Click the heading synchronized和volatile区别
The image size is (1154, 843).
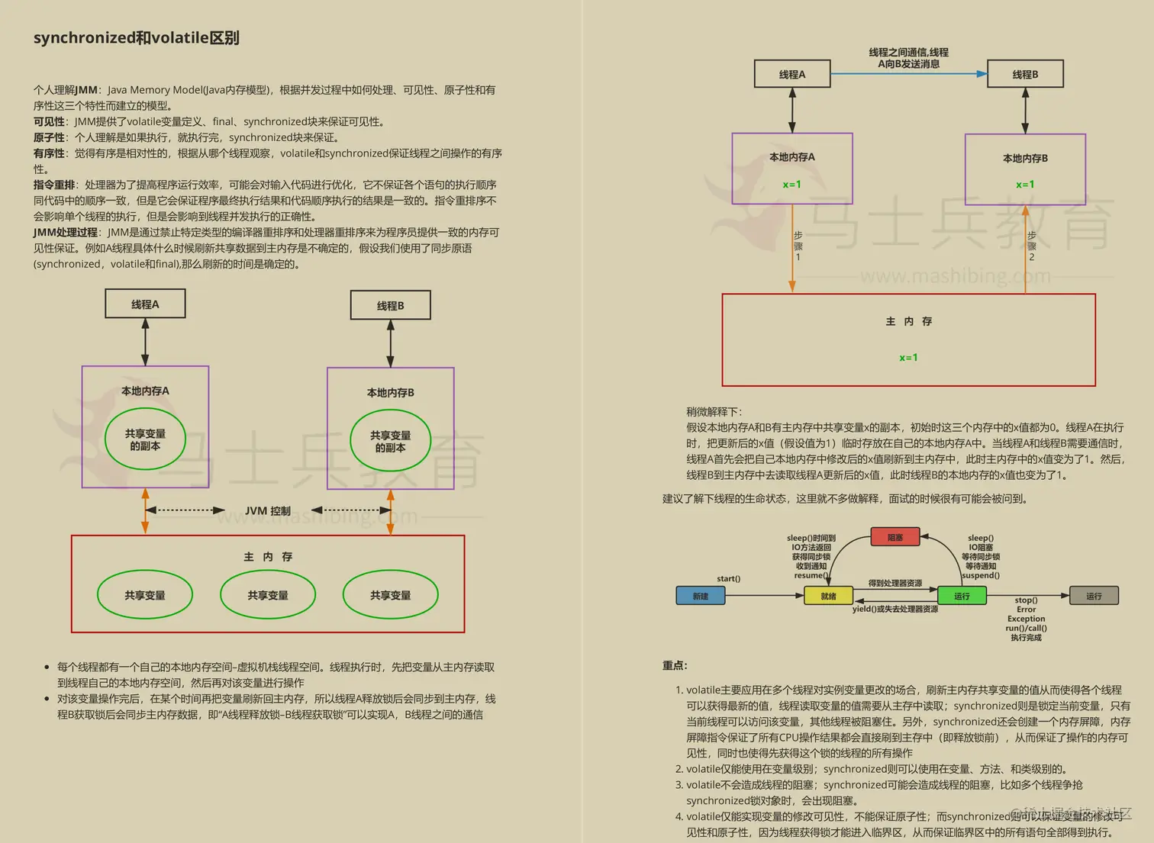coord(136,38)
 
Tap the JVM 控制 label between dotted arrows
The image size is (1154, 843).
coord(267,510)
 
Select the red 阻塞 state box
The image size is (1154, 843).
coord(895,537)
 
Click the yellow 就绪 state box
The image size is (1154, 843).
coord(828,596)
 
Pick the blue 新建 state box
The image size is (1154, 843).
coord(700,596)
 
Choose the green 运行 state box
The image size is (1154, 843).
coord(961,596)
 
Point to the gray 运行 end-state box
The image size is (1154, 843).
coord(1094,596)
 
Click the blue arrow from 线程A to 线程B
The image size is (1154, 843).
coord(908,74)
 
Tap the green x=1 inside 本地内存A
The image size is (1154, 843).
coord(791,185)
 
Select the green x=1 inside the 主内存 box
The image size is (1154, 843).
coord(908,357)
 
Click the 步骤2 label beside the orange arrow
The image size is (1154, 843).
coord(1032,246)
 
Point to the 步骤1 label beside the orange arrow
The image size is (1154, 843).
coord(798,246)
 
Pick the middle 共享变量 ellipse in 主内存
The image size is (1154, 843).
coord(268,595)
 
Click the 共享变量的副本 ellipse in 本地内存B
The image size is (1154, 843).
coord(390,441)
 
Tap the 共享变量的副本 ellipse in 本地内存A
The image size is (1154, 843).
coord(145,439)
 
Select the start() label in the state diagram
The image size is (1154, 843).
coord(728,578)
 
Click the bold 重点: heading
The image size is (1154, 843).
coord(675,665)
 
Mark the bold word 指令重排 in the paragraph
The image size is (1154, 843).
coord(54,185)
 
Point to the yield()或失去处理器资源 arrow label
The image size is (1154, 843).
coord(895,609)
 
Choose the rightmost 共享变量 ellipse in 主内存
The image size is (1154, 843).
coord(390,595)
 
